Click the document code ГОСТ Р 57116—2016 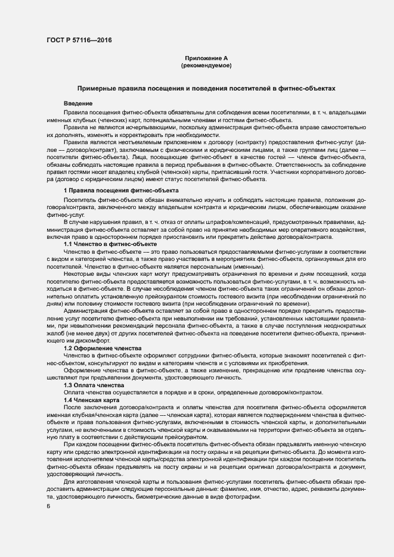click(79, 41)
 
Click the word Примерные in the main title click(97, 88)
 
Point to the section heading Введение click(78, 104)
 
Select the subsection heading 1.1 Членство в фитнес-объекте click(110, 244)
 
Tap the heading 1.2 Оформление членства click(102, 347)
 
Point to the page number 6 click(48, 506)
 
